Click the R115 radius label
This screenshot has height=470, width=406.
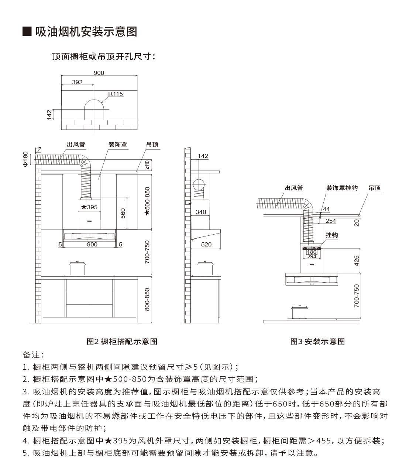[115, 94]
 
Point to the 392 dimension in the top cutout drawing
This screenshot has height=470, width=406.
[78, 82]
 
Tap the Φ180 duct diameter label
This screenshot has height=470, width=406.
[25, 159]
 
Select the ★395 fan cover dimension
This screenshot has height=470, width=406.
[89, 207]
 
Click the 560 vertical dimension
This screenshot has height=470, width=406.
[123, 213]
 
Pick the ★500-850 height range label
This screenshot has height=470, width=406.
[147, 201]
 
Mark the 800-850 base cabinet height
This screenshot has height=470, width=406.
[147, 300]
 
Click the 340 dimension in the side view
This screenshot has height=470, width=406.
[201, 212]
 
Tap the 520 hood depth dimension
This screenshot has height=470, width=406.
[206, 245]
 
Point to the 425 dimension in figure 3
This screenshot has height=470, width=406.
[357, 260]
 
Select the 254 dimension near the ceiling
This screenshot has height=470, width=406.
[330, 221]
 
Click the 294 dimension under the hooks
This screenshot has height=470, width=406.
[312, 256]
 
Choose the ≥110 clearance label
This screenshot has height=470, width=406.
[147, 165]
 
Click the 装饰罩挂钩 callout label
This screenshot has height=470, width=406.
[342, 188]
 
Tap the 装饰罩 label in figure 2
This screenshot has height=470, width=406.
[118, 144]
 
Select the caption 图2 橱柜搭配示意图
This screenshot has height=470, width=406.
[122, 342]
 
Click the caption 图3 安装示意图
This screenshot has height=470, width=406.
[317, 342]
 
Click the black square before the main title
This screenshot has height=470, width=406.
[27, 31]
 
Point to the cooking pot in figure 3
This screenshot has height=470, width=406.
[300, 312]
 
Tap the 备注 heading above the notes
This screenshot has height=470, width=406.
[33, 355]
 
